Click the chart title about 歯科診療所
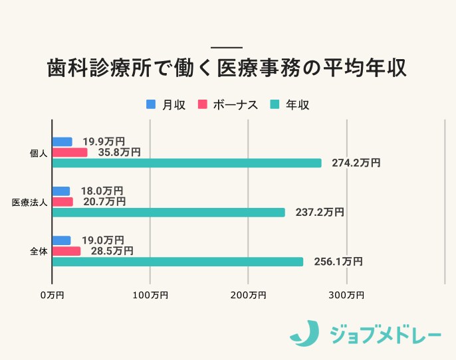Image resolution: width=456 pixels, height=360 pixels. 227,69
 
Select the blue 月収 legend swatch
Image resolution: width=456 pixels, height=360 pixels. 150,105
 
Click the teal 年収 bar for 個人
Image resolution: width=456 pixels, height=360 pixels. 186,163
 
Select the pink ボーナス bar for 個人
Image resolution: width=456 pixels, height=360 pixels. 70,152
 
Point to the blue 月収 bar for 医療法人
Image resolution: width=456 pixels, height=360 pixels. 60,191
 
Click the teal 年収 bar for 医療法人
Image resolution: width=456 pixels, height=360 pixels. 168,213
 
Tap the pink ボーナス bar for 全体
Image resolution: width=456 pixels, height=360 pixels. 66,251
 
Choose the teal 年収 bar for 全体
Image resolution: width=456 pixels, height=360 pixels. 177,262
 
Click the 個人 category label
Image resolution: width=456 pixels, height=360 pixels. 39,153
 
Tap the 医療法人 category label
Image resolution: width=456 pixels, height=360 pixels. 30,202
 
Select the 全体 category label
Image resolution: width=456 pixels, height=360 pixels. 39,252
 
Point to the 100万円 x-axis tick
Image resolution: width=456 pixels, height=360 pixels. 150,294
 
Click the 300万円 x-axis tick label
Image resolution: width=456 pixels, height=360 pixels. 346,294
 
